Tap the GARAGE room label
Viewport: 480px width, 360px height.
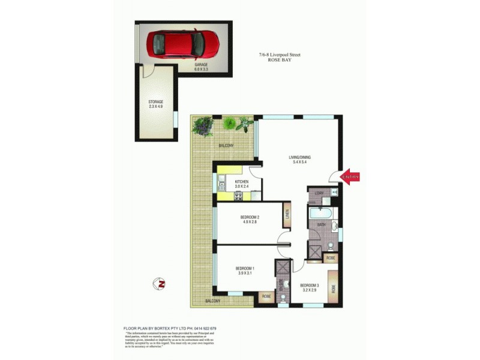(201, 65)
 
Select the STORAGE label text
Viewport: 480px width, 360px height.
(156, 102)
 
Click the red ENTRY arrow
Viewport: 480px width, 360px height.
(351, 176)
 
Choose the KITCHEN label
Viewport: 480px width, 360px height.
(242, 181)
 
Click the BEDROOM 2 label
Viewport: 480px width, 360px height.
(250, 217)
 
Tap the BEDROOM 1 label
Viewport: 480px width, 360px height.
(245, 268)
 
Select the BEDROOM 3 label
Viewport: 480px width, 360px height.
(309, 284)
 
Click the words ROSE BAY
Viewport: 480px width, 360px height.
(280, 61)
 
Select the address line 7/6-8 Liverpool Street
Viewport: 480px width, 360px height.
(280, 55)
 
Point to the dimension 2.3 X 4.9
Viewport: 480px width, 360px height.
(156, 107)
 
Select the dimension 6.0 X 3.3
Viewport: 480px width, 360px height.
(201, 70)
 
